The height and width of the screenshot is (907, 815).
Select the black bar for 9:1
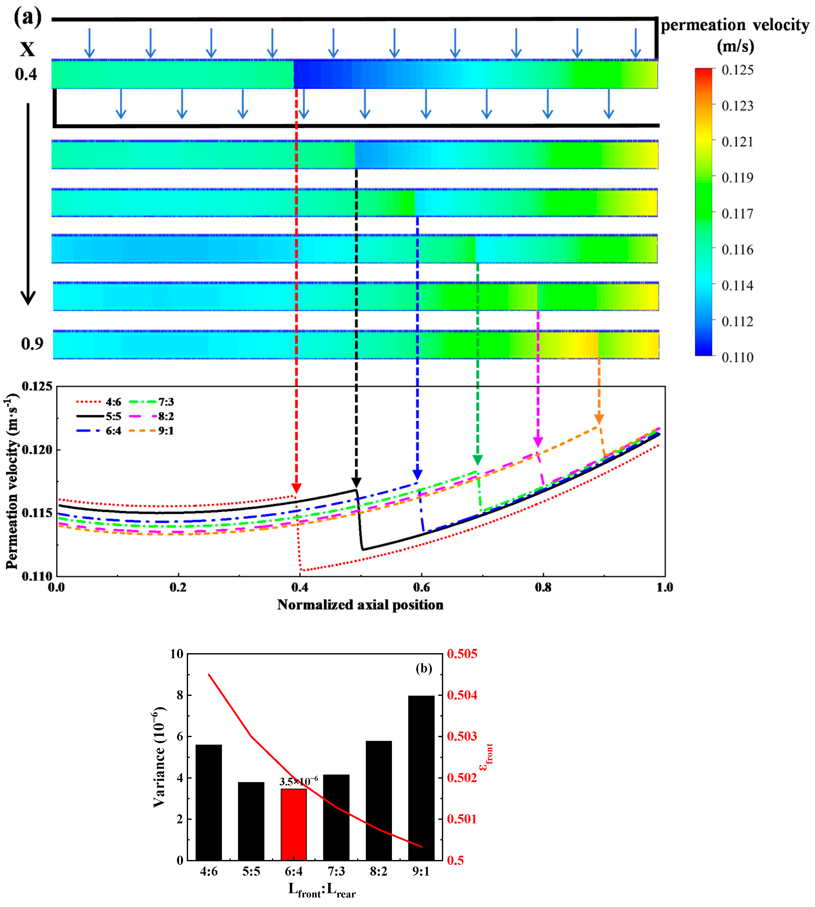(x=421, y=778)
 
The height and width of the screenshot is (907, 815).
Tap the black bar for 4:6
(x=209, y=802)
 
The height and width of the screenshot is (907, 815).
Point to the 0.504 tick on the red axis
(x=462, y=695)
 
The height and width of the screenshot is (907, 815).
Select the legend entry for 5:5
(x=99, y=416)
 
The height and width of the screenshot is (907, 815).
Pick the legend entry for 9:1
(x=151, y=431)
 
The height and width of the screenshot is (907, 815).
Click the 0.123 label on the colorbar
(x=737, y=106)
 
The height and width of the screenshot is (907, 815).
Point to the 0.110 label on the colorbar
(x=737, y=357)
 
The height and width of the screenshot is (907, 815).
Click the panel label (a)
(x=28, y=18)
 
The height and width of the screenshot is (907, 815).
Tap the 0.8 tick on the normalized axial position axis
(x=543, y=587)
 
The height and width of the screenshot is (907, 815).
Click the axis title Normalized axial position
(x=360, y=605)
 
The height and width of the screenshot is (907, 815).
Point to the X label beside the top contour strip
(x=27, y=49)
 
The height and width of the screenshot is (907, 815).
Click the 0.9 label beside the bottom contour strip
(x=32, y=344)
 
